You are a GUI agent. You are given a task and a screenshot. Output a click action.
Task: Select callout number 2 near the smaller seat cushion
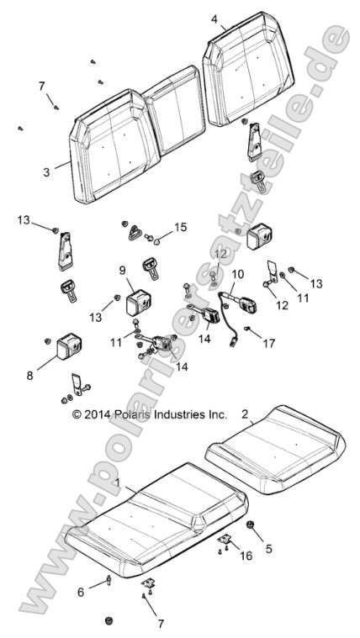pos(245,414)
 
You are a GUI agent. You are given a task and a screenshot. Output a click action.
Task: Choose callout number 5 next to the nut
pos(269,550)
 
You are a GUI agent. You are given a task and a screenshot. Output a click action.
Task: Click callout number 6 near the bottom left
pos(81,592)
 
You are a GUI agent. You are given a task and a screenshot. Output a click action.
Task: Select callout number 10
pos(238,274)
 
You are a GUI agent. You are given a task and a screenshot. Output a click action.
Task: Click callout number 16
pos(244,556)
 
